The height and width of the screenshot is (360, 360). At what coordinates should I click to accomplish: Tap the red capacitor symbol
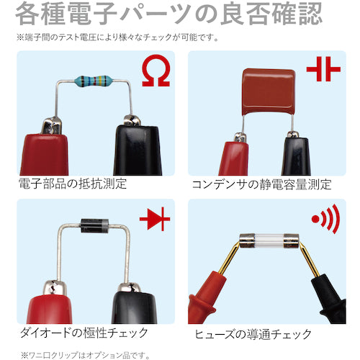click(323, 69)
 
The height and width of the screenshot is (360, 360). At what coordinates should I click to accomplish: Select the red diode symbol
click(155, 219)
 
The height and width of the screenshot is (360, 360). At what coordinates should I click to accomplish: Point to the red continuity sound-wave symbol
click(326, 219)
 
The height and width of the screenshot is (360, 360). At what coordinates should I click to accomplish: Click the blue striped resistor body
click(93, 81)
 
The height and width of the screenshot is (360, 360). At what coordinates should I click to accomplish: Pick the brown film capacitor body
click(269, 91)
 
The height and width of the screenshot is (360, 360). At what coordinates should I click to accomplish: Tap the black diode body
click(94, 225)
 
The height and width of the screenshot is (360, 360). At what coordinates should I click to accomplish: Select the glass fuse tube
click(269, 240)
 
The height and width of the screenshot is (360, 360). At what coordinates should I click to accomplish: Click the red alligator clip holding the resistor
click(44, 149)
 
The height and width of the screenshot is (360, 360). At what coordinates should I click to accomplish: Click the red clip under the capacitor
click(233, 156)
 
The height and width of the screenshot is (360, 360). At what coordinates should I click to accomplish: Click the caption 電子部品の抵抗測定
click(73, 184)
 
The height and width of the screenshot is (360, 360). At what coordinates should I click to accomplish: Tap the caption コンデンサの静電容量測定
click(262, 184)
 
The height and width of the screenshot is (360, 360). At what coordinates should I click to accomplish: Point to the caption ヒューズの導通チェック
click(253, 334)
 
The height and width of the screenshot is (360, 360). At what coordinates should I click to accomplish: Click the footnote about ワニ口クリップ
click(85, 355)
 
